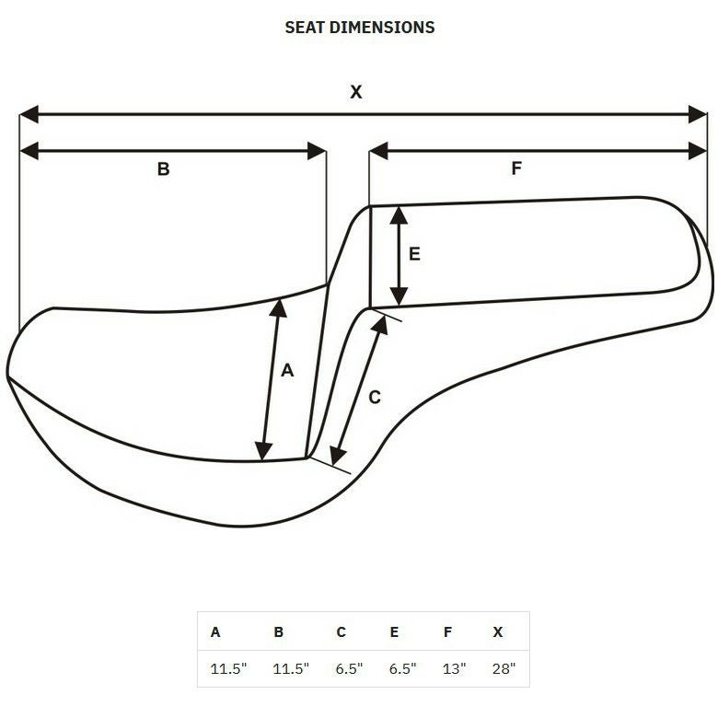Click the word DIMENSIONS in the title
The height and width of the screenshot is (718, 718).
tap(382, 28)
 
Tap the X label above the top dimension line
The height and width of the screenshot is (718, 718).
tap(356, 92)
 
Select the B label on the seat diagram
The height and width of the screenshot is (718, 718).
tap(164, 169)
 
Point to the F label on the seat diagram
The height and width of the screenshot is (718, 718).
tap(516, 168)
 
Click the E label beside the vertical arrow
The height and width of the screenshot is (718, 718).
tap(414, 254)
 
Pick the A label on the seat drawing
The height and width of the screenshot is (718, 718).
tap(287, 370)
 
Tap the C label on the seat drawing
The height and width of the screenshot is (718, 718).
tap(375, 397)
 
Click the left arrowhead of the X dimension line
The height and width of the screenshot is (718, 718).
tap(29, 114)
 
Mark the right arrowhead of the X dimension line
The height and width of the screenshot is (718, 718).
tap(698, 114)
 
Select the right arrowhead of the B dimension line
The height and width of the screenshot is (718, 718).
tap(317, 151)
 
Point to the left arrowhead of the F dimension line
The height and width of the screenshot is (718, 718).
tap(378, 151)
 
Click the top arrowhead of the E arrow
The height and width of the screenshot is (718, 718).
tap(399, 215)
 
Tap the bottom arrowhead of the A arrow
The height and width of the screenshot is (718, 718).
tap(263, 451)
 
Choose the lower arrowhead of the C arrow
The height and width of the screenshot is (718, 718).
tap(338, 456)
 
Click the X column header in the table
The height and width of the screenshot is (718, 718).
tap(498, 631)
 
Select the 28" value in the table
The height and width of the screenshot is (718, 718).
tap(504, 668)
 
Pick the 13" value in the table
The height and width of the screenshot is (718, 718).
tap(454, 668)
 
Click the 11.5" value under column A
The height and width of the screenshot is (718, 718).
tap(228, 668)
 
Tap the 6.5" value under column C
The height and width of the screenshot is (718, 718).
tap(349, 668)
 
